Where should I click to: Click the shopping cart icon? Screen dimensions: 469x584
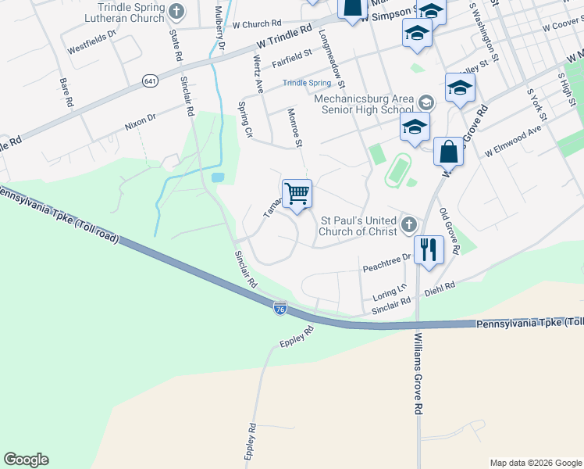[x=297, y=193]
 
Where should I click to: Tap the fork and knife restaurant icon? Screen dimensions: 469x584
[x=429, y=249]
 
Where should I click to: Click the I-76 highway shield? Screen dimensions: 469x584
[x=280, y=310]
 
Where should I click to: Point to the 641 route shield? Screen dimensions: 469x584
[x=150, y=81]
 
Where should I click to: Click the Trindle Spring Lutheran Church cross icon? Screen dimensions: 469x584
[x=176, y=12]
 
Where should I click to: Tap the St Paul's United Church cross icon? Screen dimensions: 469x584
[x=408, y=226]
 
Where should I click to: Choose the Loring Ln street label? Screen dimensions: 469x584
[x=390, y=293]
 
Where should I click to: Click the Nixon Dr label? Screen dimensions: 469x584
[x=141, y=121]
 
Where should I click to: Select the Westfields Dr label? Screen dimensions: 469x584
[x=91, y=41]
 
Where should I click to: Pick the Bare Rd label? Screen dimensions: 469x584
[x=66, y=92]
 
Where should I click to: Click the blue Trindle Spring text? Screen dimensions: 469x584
[x=307, y=83]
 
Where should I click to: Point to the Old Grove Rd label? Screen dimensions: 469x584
[x=449, y=231]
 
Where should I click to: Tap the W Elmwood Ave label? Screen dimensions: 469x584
[x=513, y=141]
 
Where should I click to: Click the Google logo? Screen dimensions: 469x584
[x=26, y=459]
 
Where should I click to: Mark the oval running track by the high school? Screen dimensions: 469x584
[x=399, y=170]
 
